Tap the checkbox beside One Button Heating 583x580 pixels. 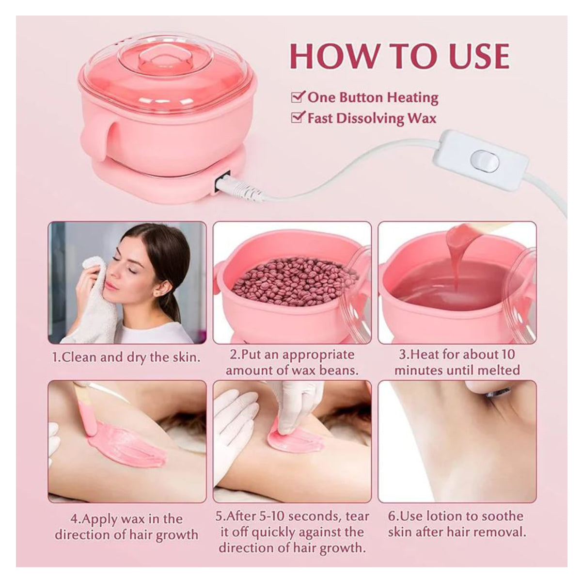click(x=298, y=97)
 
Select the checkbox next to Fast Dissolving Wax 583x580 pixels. click(x=298, y=117)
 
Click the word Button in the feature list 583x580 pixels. click(x=361, y=97)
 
